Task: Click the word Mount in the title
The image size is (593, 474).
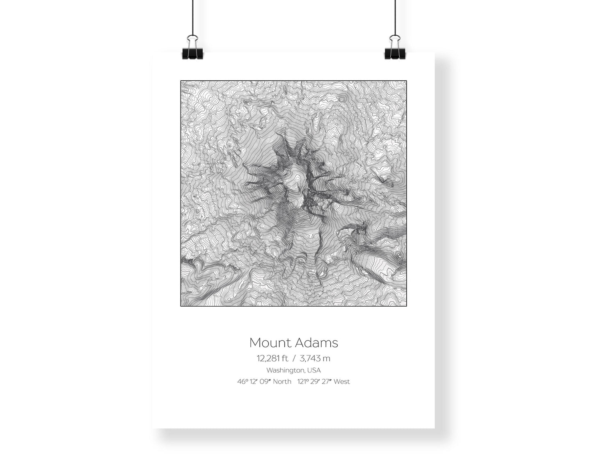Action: pos(267,342)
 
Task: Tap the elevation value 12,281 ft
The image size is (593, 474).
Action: pos(272,358)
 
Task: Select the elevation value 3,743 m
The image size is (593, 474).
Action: pos(315,358)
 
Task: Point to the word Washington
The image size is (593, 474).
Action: pos(286,370)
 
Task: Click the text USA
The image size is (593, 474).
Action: pos(314,370)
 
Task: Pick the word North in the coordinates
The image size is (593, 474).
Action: pos(282,382)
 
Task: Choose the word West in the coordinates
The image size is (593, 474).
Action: pos(342,382)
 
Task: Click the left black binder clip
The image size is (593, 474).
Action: pos(192,48)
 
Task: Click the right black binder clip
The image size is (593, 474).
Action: pos(395,48)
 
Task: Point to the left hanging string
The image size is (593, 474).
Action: pos(192,16)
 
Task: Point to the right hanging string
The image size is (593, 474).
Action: pos(395,16)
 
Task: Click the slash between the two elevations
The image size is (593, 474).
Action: pos(294,358)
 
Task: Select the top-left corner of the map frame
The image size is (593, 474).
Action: pos(181,81)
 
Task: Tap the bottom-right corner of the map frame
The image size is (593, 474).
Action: pos(406,306)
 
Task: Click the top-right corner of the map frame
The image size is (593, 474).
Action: pos(406,81)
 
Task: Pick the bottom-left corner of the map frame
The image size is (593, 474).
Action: pos(181,306)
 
